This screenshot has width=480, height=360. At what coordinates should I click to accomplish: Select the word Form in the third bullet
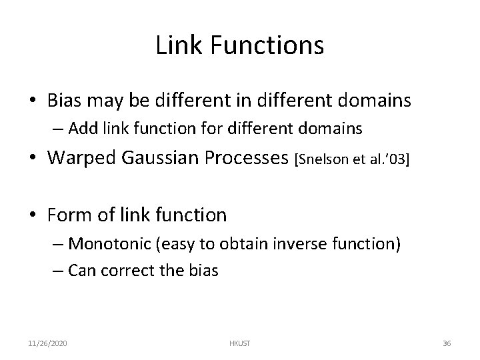point(69,215)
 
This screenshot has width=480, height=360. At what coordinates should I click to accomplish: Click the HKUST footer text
point(239,343)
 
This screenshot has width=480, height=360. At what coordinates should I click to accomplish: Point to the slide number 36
point(447,343)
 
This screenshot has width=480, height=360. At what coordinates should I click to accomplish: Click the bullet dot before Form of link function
point(39,215)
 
